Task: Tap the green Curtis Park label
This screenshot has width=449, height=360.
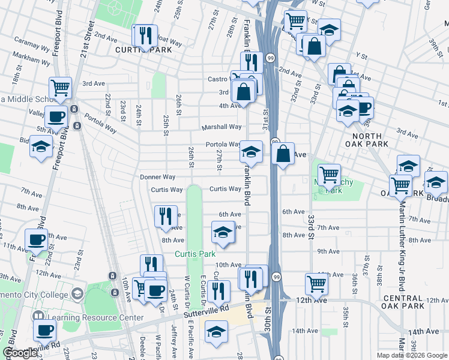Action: tap(194, 254)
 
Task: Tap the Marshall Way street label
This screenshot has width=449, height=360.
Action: tap(221, 127)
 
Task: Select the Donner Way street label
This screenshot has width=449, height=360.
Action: tap(157, 177)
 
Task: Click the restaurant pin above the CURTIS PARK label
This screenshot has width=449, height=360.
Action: tap(144, 36)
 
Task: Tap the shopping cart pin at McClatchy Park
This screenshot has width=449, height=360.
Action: tap(329, 175)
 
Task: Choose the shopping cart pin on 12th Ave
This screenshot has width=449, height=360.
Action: tap(316, 283)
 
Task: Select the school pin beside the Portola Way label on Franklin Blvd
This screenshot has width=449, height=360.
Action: tap(252, 152)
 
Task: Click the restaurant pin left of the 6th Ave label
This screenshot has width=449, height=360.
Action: tap(166, 217)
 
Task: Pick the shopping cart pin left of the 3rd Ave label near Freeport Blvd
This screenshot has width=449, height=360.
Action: tap(60, 88)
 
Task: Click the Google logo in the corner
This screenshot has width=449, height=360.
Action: tap(20, 353)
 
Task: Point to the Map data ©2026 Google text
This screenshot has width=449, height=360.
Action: tap(412, 355)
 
